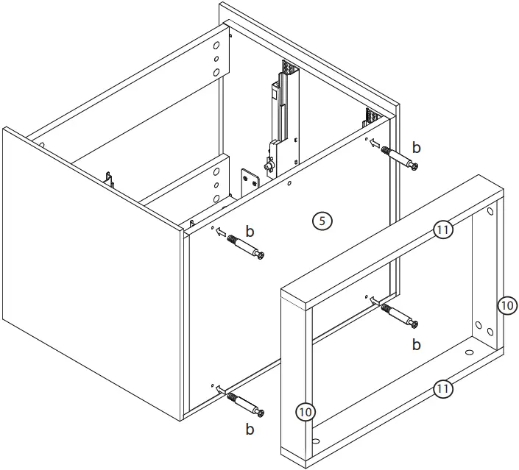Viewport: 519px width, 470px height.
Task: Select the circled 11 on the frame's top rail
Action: [x=442, y=230]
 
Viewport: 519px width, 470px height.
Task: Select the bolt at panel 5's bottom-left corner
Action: [x=246, y=404]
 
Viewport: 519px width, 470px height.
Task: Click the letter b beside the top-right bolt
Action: [x=417, y=147]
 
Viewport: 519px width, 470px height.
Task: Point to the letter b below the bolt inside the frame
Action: [x=416, y=343]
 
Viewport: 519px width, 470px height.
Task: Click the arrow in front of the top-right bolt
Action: [x=375, y=144]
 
